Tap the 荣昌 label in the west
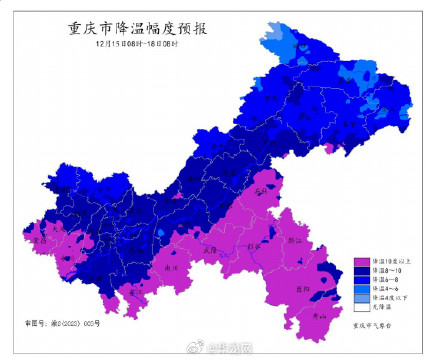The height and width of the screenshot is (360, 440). [x=40, y=241]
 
